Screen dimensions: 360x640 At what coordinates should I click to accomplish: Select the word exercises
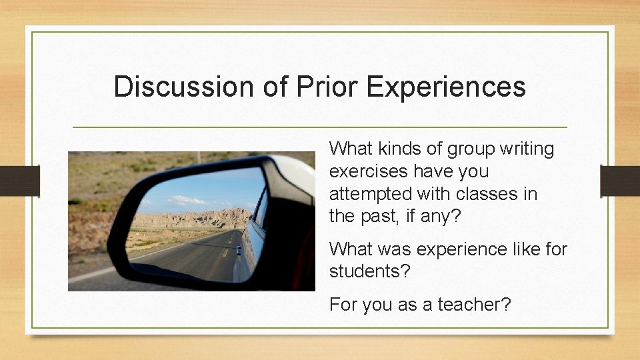(369, 171)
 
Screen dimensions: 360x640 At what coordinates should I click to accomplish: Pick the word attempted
(371, 194)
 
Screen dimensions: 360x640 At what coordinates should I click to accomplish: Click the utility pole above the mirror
(199, 157)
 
